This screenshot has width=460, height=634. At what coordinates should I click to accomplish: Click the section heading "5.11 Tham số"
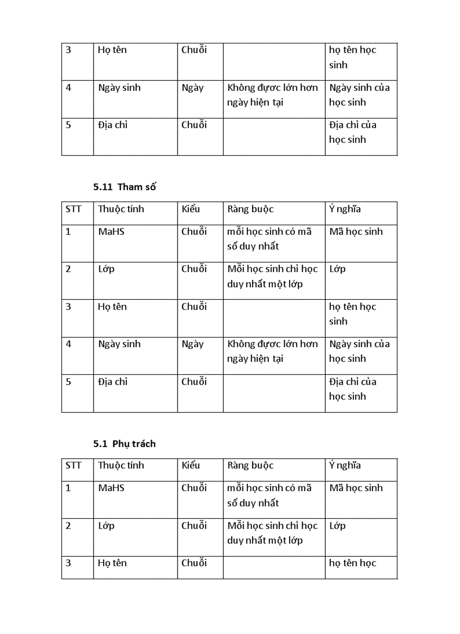coord(125,187)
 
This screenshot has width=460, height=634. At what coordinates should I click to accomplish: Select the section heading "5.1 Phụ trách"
coord(125,444)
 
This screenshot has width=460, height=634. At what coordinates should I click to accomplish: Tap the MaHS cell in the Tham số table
coord(111,231)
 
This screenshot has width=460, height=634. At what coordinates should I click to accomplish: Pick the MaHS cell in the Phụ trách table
coord(111,488)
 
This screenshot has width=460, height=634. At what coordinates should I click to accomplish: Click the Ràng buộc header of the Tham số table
coord(250,209)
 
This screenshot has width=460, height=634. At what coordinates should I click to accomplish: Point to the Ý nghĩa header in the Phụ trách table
coord(345,465)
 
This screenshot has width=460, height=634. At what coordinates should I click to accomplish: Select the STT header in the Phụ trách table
coord(73,465)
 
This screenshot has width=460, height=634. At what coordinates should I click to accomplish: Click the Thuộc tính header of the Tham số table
coord(121,209)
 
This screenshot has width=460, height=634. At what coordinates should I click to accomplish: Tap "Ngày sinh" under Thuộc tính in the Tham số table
coord(119,344)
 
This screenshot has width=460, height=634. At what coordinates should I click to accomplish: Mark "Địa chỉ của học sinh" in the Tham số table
coord(353,389)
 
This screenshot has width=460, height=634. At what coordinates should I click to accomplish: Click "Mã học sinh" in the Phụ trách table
coord(356,488)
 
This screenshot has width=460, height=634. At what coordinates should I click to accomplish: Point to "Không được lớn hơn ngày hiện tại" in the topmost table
coord(272,95)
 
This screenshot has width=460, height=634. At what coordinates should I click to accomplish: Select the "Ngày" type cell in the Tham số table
coord(192,344)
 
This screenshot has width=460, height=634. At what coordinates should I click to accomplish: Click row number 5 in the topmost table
coord(68,125)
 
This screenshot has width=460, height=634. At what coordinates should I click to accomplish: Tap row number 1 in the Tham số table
coord(68,231)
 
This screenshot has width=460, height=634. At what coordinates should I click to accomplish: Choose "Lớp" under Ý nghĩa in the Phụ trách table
coord(337,526)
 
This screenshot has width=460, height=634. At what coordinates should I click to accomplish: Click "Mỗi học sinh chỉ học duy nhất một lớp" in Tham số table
coord(272,276)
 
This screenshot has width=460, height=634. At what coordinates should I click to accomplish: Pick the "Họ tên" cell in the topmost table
coord(112,50)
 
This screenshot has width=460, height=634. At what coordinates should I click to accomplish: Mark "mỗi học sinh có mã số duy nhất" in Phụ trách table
coord(269,495)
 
